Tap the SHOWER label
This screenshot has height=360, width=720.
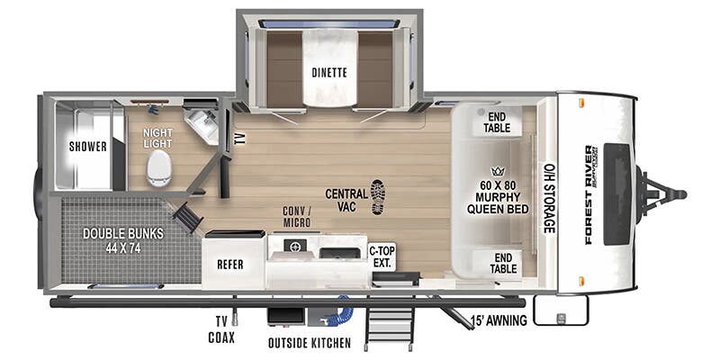(x=87, y=147)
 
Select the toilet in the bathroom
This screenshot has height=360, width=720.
(x=158, y=167)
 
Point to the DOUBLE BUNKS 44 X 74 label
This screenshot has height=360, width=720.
(x=123, y=240)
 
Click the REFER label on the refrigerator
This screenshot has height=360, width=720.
(x=232, y=265)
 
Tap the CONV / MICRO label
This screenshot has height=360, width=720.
(x=297, y=217)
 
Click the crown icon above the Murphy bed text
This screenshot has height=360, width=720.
(x=495, y=171)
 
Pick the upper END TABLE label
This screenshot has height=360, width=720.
(x=498, y=122)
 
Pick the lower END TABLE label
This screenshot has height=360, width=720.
(x=503, y=262)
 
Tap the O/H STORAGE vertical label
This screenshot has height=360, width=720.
(x=548, y=197)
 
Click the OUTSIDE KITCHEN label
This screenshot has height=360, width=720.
(x=305, y=343)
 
